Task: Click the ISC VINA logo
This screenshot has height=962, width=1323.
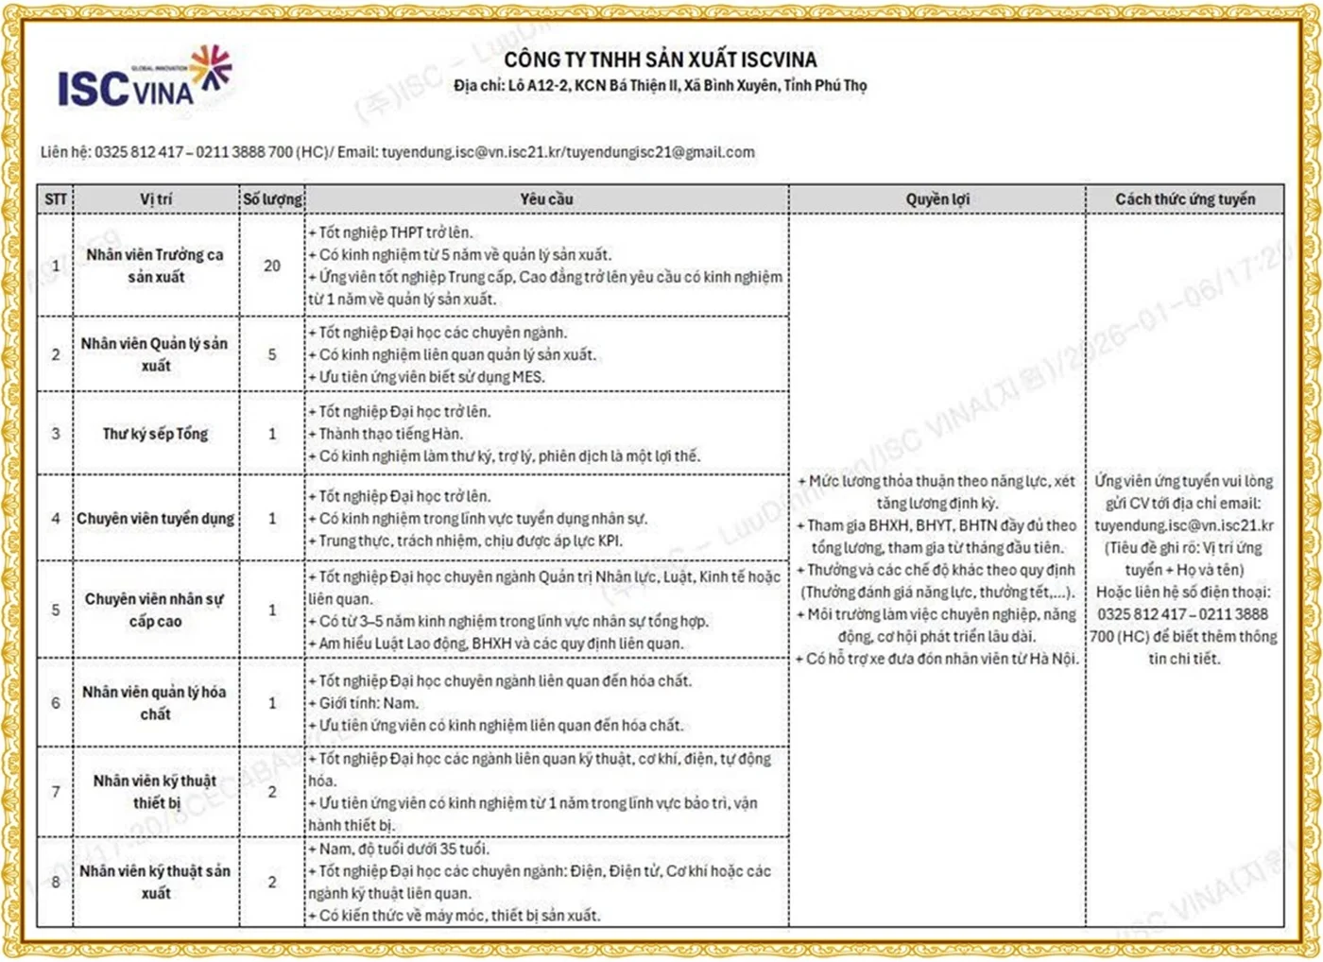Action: click(x=144, y=78)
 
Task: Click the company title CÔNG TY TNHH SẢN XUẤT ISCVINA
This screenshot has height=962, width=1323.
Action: click(x=660, y=60)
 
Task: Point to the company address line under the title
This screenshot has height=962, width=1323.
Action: click(x=660, y=86)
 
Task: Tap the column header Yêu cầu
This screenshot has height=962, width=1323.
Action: click(x=546, y=199)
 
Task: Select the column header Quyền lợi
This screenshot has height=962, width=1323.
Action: click(x=937, y=199)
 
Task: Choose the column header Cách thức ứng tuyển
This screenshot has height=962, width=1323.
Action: click(x=1185, y=199)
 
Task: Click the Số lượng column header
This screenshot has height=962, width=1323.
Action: click(x=272, y=199)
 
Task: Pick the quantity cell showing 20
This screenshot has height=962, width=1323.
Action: click(x=272, y=266)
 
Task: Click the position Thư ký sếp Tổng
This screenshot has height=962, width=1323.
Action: click(x=156, y=434)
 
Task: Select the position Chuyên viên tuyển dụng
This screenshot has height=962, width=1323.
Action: click(x=156, y=519)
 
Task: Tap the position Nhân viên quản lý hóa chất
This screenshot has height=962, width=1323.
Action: click(x=155, y=703)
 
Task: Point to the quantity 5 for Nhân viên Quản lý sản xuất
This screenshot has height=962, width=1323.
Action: click(x=272, y=354)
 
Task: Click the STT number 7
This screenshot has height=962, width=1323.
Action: click(x=56, y=792)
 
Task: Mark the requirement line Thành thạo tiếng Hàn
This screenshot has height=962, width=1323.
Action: click(x=390, y=434)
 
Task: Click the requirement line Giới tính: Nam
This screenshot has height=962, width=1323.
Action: click(x=369, y=703)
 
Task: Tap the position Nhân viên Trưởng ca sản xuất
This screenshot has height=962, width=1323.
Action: click(x=156, y=266)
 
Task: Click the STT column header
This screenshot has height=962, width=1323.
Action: click(x=56, y=199)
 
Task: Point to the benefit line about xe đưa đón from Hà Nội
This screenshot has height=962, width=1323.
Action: click(x=937, y=659)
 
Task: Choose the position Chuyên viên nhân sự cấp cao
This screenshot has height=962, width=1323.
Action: click(x=155, y=610)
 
